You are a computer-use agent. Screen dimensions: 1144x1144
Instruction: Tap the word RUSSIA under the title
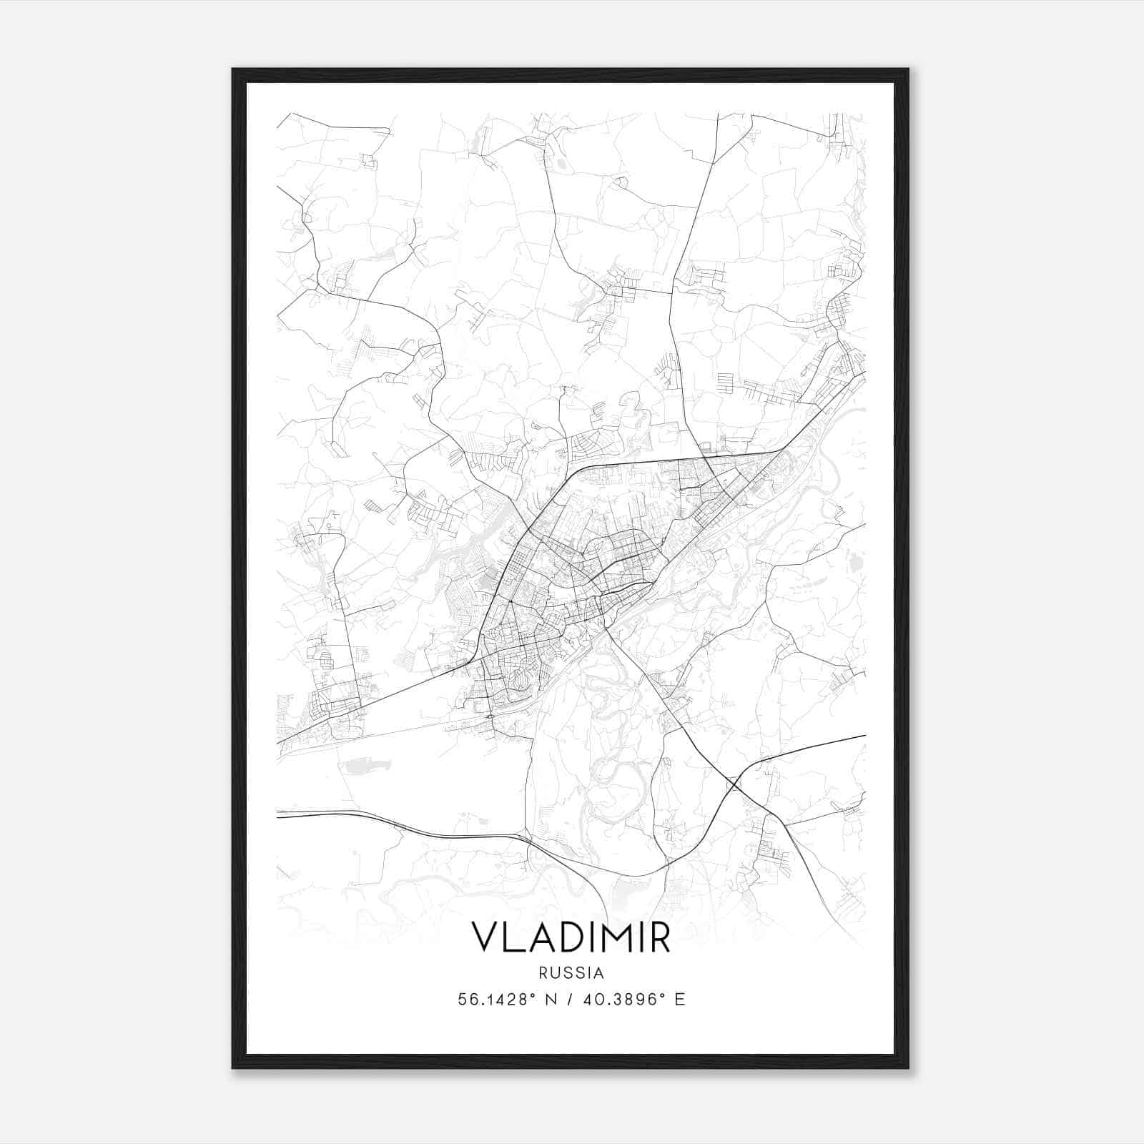point(571,973)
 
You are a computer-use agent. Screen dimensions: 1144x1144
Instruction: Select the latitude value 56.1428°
point(497,1000)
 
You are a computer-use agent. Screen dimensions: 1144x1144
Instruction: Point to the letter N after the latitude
point(550,1000)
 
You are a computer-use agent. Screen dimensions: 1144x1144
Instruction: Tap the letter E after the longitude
point(680,1000)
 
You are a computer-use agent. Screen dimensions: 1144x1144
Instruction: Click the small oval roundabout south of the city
point(490,716)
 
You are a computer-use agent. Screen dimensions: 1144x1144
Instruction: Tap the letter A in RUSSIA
point(600,973)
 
